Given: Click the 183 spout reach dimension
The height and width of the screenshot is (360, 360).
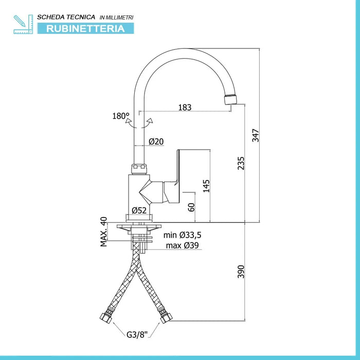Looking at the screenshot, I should pos(185,107).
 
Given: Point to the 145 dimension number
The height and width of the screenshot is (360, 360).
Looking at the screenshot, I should pos(206,186).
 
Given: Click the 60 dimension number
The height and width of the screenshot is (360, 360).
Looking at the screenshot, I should pos(191,207).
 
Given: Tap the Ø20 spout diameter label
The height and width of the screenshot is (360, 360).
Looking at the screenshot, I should pos(156,141).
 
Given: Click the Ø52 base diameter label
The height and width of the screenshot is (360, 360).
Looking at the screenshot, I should pos(139,210).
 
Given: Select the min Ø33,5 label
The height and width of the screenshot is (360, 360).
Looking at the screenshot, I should pos(183,235).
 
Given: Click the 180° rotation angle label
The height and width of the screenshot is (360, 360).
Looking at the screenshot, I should pos(121,116).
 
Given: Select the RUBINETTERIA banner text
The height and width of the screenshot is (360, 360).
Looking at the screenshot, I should pos(85,29).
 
